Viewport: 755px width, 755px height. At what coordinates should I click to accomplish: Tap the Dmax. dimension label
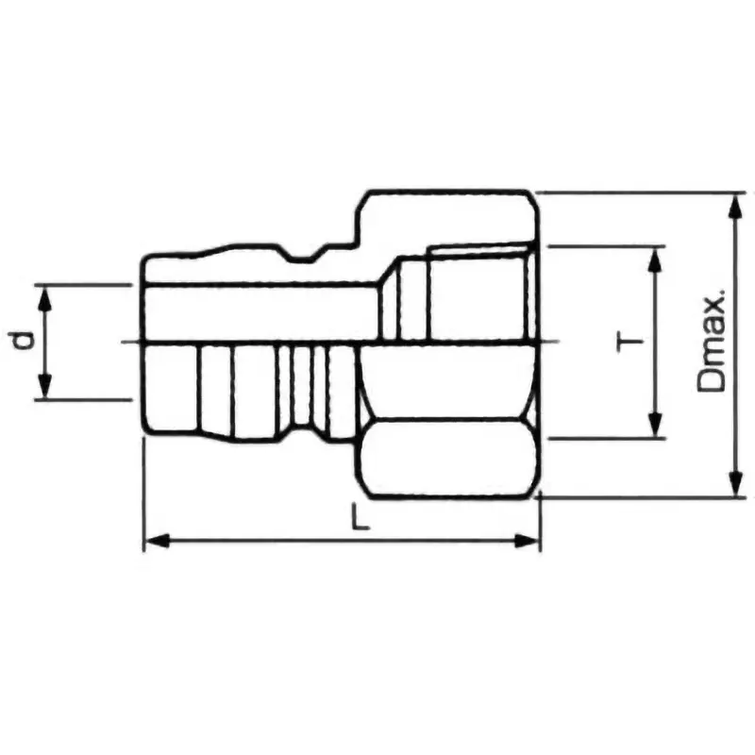point(713,342)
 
